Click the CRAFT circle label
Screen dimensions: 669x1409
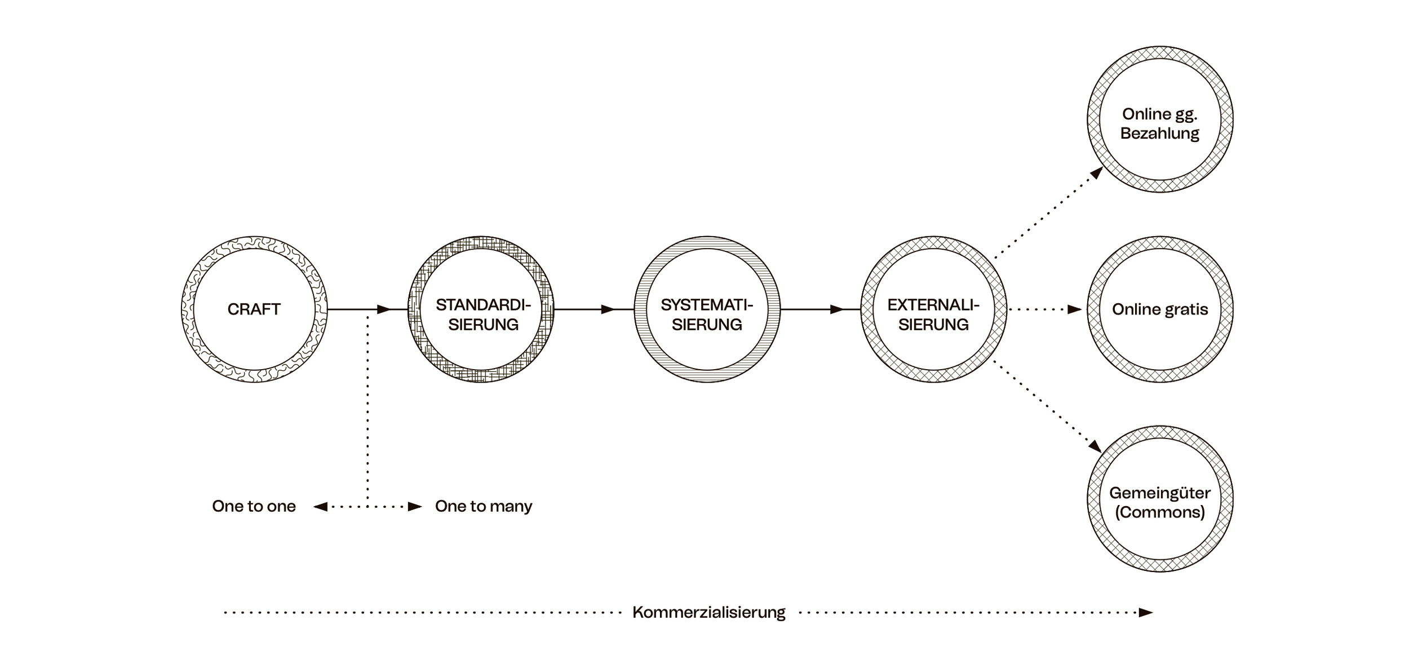(x=254, y=309)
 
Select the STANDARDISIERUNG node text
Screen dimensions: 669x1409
(x=483, y=314)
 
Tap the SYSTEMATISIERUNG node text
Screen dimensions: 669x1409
(x=707, y=314)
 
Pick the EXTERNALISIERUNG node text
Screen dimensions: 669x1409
(x=933, y=314)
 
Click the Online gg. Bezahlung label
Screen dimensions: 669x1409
(x=1159, y=123)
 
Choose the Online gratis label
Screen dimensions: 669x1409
(x=1160, y=309)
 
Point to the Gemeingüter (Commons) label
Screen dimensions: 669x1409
(x=1160, y=502)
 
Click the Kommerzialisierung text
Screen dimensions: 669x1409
(x=708, y=613)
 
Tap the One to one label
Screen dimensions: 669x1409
(x=254, y=506)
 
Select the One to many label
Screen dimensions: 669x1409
(x=484, y=506)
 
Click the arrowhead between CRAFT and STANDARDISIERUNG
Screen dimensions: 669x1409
(x=384, y=309)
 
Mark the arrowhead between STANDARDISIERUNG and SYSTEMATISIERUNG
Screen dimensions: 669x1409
(x=608, y=309)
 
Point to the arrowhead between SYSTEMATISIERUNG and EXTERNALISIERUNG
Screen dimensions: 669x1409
(x=837, y=309)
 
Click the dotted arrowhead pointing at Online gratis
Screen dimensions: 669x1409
(x=1075, y=309)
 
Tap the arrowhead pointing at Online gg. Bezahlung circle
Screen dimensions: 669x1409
(x=1096, y=173)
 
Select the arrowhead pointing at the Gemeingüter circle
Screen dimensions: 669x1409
(x=1095, y=446)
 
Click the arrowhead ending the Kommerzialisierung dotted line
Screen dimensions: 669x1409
(x=1146, y=613)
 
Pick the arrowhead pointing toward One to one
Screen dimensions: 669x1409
(x=321, y=507)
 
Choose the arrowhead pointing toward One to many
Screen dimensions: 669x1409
(x=415, y=507)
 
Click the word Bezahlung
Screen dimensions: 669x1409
(x=1159, y=134)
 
